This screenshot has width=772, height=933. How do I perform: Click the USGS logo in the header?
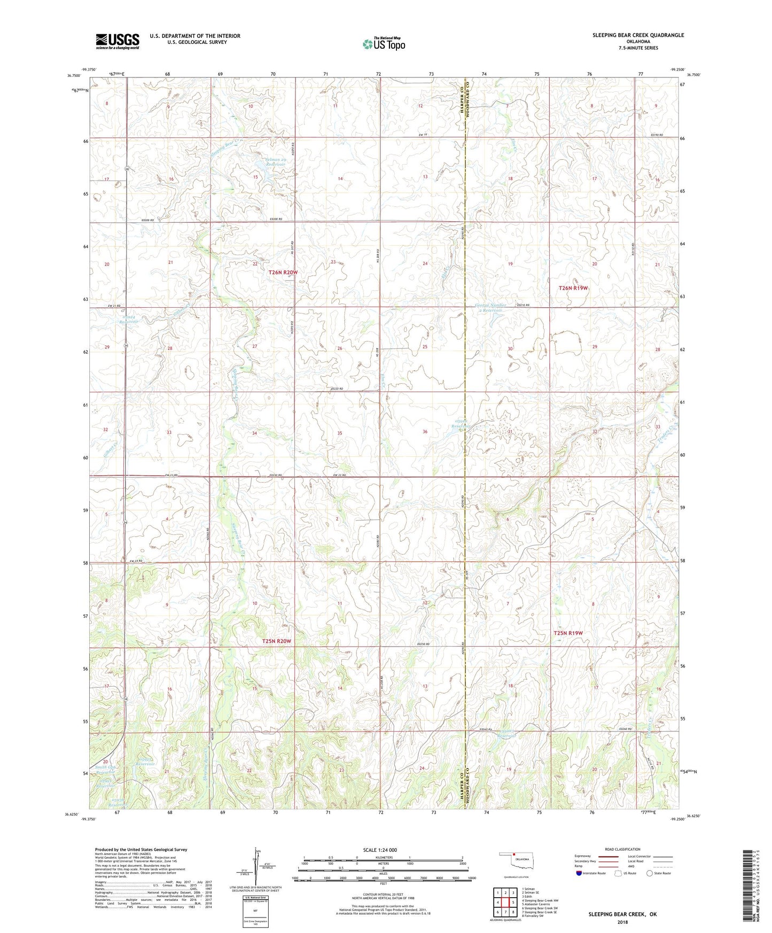(118, 41)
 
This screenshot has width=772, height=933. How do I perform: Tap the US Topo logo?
(384, 44)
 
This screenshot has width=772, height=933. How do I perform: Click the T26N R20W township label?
(283, 273)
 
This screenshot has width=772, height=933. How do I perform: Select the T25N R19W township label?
(568, 633)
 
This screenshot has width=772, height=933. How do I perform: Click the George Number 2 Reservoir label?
(489, 307)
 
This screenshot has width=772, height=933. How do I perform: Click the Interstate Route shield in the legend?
(579, 873)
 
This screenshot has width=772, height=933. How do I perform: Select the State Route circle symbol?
(649, 873)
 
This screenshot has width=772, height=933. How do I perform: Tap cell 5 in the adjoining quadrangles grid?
(513, 902)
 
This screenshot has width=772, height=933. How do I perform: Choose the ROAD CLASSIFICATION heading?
(622, 849)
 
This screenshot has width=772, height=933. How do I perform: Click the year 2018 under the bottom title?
(622, 922)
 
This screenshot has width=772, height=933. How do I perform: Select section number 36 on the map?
(425, 432)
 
